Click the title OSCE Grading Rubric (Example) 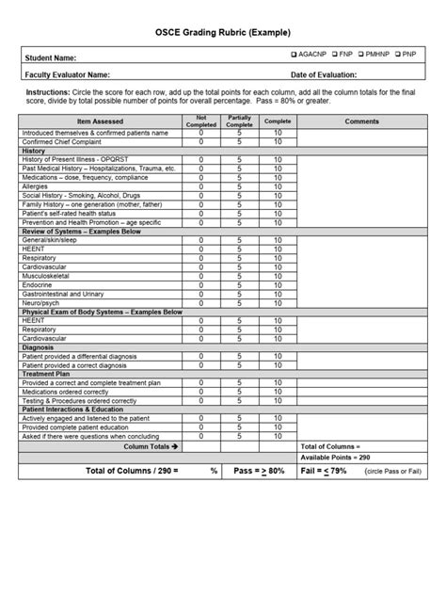(222, 31)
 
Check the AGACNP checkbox (295, 56)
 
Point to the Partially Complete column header (239, 121)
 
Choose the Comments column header (362, 121)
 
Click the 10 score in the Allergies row (278, 186)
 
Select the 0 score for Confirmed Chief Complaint (200, 141)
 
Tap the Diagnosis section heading (40, 347)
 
